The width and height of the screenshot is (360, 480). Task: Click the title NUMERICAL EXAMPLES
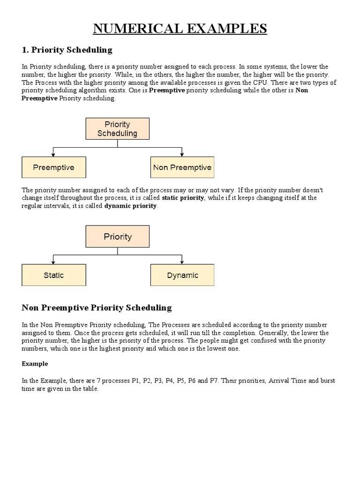click(x=180, y=29)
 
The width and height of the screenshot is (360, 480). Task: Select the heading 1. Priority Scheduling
click(x=67, y=50)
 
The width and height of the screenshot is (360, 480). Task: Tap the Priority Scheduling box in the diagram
click(x=117, y=128)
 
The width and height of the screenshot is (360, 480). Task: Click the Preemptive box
click(x=54, y=167)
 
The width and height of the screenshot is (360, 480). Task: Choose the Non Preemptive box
click(x=182, y=167)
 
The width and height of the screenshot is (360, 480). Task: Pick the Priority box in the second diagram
click(x=117, y=236)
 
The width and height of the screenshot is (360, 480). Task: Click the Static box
click(x=54, y=275)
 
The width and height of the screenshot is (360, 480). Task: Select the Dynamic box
click(x=182, y=275)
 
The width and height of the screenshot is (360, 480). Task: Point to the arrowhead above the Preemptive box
click(x=54, y=154)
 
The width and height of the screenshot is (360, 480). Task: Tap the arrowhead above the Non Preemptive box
click(x=182, y=154)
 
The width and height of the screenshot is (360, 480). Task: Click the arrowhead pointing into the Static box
click(x=54, y=262)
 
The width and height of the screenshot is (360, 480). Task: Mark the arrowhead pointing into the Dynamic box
click(x=182, y=262)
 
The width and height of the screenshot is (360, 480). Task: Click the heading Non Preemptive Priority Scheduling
click(x=97, y=308)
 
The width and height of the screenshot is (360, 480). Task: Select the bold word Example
click(x=35, y=364)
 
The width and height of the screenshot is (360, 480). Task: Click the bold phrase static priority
click(x=183, y=198)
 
